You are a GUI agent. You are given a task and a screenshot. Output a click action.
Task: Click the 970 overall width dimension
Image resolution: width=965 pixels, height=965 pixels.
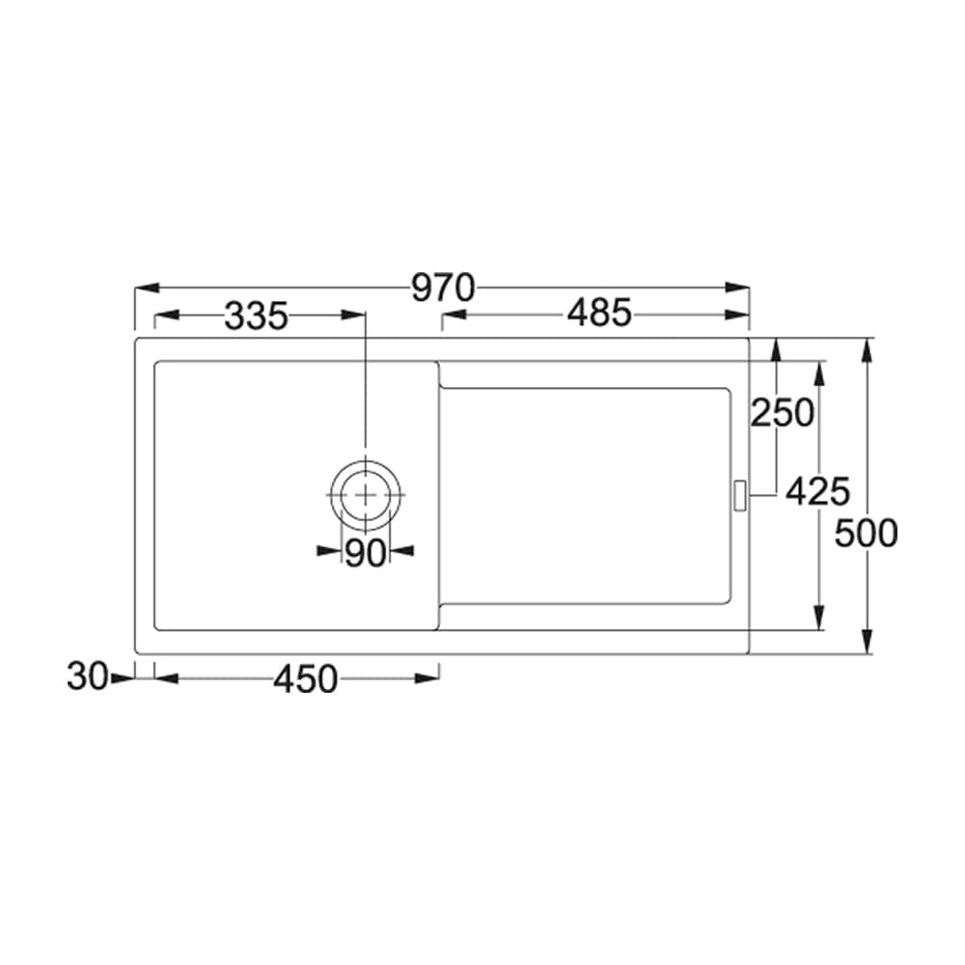point(443,288)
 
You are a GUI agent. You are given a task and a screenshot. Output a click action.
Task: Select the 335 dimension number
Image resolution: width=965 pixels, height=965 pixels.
point(257,316)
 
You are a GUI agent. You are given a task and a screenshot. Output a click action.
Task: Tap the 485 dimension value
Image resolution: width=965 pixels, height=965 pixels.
point(598,314)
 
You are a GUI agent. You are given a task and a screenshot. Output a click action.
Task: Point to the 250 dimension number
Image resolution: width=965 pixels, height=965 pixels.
point(783,413)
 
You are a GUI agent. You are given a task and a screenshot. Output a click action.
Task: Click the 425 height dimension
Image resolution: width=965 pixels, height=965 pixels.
point(816,492)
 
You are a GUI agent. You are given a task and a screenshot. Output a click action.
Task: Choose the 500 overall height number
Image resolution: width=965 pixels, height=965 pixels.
point(866,533)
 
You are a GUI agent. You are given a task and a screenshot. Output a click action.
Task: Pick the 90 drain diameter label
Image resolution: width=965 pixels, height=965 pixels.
point(365,552)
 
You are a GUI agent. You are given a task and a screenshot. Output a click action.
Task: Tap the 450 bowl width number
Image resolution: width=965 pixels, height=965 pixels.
point(305,679)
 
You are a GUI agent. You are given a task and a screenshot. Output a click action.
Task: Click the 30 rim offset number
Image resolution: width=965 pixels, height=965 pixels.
point(86,677)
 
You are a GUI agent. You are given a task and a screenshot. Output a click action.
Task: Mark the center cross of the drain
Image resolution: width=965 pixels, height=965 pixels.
point(366,493)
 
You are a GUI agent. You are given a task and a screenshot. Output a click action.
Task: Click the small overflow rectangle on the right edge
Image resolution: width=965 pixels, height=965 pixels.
point(740,494)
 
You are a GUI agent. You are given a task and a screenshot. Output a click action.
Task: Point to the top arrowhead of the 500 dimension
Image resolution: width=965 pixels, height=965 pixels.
point(868,349)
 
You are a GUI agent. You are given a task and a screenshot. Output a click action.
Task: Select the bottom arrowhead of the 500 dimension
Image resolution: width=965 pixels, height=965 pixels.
point(868,642)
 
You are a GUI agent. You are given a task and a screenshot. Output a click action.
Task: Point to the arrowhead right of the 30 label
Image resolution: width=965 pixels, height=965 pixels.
point(123,678)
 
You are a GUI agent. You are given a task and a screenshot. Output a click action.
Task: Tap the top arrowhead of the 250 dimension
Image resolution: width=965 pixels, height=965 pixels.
point(775,349)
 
